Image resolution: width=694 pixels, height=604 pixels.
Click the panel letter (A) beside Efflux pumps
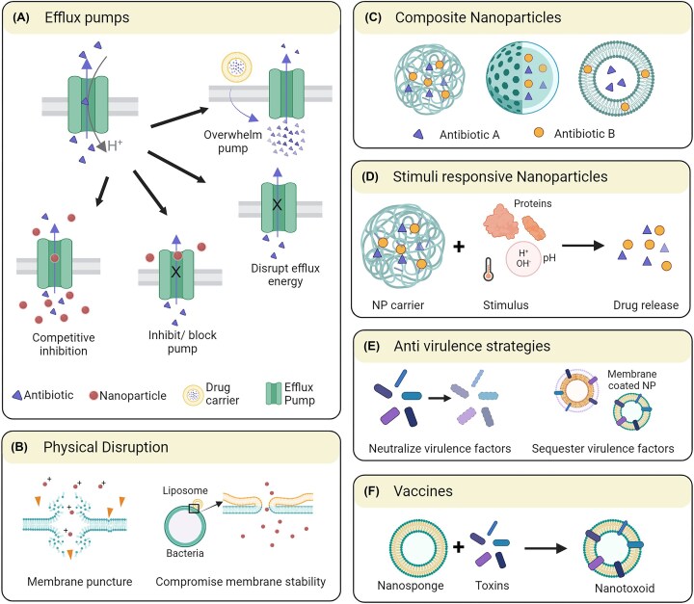pyautogui.click(x=21, y=17)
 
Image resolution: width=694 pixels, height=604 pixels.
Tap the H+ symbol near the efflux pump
pyautogui.click(x=115, y=145)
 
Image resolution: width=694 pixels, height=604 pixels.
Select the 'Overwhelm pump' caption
pyautogui.click(x=233, y=142)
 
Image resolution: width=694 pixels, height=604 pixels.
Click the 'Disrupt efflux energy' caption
pyautogui.click(x=285, y=275)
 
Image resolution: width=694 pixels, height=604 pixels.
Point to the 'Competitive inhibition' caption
pyautogui.click(x=64, y=344)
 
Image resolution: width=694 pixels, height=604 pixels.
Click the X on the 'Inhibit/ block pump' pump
pyautogui.click(x=176, y=272)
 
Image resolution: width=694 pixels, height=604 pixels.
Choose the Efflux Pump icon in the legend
pyautogui.click(x=274, y=393)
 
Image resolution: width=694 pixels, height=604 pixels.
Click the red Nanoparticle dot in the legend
pyautogui.click(x=93, y=396)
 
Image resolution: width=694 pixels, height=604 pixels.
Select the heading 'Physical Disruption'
pyautogui.click(x=106, y=447)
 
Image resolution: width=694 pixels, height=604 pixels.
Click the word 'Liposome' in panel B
pyautogui.click(x=185, y=490)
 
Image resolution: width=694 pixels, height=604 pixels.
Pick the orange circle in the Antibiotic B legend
pyautogui.click(x=539, y=132)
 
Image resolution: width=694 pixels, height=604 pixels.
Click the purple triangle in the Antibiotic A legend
pyautogui.click(x=418, y=134)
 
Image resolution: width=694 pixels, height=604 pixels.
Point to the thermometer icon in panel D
pyautogui.click(x=488, y=269)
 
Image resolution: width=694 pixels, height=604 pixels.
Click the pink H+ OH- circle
pyautogui.click(x=523, y=259)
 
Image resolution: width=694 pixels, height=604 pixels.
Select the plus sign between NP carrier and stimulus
pyautogui.click(x=459, y=246)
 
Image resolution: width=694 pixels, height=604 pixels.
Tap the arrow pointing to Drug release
pyautogui.click(x=583, y=246)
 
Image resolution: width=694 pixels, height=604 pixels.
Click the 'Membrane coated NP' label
pyautogui.click(x=631, y=380)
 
